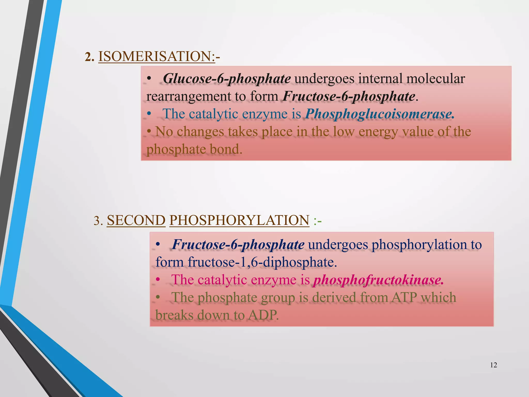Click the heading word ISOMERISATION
click(x=156, y=56)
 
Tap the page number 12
click(x=493, y=365)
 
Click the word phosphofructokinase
click(x=378, y=280)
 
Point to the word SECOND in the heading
click(x=136, y=220)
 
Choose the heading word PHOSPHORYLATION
click(x=239, y=220)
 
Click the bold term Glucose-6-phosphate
click(x=227, y=79)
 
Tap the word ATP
click(x=404, y=297)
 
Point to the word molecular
click(x=435, y=79)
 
